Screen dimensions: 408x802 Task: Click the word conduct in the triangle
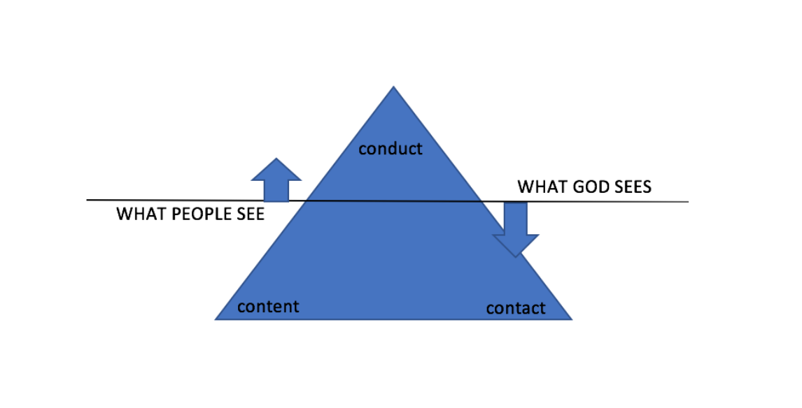[x=391, y=148]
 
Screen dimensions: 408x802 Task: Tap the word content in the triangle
[x=268, y=306]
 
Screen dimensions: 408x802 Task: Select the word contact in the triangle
[x=516, y=308]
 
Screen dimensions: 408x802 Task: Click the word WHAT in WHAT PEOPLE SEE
[x=139, y=214]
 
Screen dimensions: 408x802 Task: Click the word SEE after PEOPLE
[x=248, y=214]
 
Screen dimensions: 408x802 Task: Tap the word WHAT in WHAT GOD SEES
[x=540, y=187]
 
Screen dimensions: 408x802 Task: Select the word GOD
[x=588, y=187]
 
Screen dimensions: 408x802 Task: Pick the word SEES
[x=631, y=187]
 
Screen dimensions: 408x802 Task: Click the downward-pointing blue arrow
[x=516, y=228]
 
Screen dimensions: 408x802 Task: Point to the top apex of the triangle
[x=393, y=87]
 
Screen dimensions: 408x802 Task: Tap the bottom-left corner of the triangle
[x=216, y=319]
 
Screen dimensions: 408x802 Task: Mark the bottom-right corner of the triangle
[x=572, y=319]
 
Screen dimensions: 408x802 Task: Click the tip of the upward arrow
[x=276, y=159]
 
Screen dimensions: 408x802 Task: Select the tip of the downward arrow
[x=516, y=256]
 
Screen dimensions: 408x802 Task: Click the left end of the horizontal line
[x=87, y=200]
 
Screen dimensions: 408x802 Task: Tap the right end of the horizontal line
[x=688, y=202]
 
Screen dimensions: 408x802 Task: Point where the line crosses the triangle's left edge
[x=307, y=201]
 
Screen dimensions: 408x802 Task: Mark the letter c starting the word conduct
[x=363, y=149]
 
